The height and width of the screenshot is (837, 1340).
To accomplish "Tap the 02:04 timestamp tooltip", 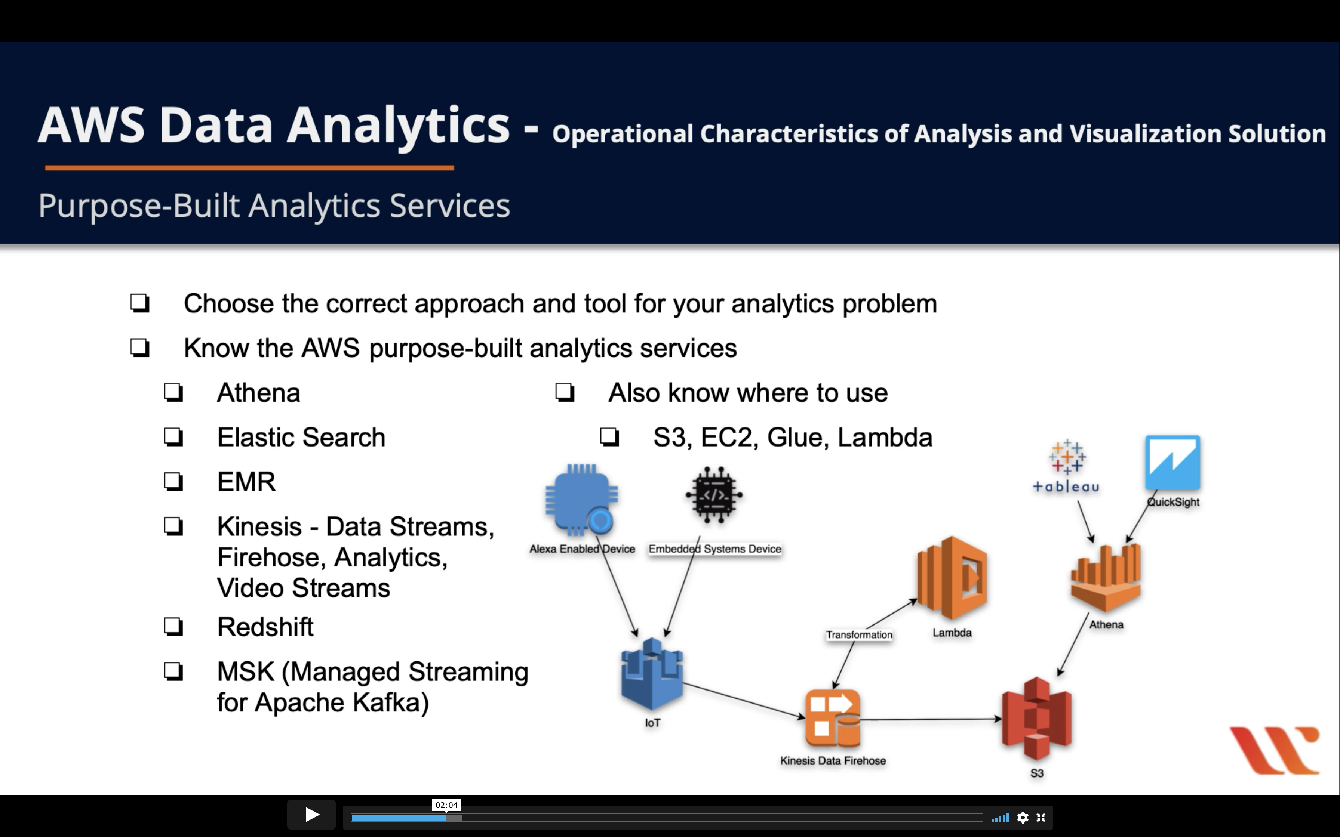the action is (x=446, y=805).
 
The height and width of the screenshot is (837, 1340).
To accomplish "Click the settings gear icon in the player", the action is (x=1023, y=818).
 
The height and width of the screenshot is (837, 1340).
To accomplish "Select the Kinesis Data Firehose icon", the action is (x=833, y=719).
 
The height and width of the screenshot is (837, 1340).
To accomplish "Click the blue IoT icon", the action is (x=652, y=674).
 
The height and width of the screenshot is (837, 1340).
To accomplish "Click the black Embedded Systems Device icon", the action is (x=714, y=495).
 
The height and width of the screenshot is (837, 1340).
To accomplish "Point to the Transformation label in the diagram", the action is (x=859, y=635).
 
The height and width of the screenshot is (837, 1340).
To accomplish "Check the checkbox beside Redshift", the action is (x=173, y=627).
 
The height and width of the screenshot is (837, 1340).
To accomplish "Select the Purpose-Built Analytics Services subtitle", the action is (x=274, y=206).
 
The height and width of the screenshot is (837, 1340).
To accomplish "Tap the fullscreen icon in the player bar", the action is (x=1041, y=818).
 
